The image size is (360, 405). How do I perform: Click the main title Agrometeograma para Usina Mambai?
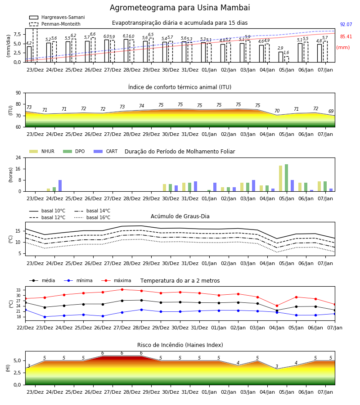[x=180, y=8]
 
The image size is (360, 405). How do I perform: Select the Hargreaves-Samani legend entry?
[x=57, y=17]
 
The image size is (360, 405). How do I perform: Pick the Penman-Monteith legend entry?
[x=55, y=24]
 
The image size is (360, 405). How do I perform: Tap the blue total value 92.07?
[x=346, y=25]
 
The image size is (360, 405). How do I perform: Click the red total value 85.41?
[x=346, y=37]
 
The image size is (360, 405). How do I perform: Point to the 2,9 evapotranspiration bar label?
[x=280, y=48]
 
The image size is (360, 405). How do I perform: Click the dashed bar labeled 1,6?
[x=287, y=59]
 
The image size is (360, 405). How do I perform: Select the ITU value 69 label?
[x=331, y=111]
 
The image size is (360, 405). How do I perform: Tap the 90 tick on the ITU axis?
[x=18, y=93]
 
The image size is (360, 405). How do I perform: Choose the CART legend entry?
[x=106, y=151]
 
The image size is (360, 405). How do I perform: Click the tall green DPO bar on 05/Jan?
[x=286, y=178]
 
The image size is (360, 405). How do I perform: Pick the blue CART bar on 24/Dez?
[x=60, y=186]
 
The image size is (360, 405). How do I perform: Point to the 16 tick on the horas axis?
[x=18, y=169]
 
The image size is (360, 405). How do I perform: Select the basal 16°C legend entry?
[x=92, y=217]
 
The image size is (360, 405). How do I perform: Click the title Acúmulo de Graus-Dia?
[x=180, y=216]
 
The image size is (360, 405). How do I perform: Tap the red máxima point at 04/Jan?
[x=277, y=306]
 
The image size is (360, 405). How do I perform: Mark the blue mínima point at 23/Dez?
[x=45, y=317]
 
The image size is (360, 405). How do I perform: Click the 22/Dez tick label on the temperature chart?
[x=25, y=328]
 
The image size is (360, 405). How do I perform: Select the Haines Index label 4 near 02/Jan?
[x=238, y=363]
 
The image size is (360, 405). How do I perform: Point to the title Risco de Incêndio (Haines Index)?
[x=180, y=345]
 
